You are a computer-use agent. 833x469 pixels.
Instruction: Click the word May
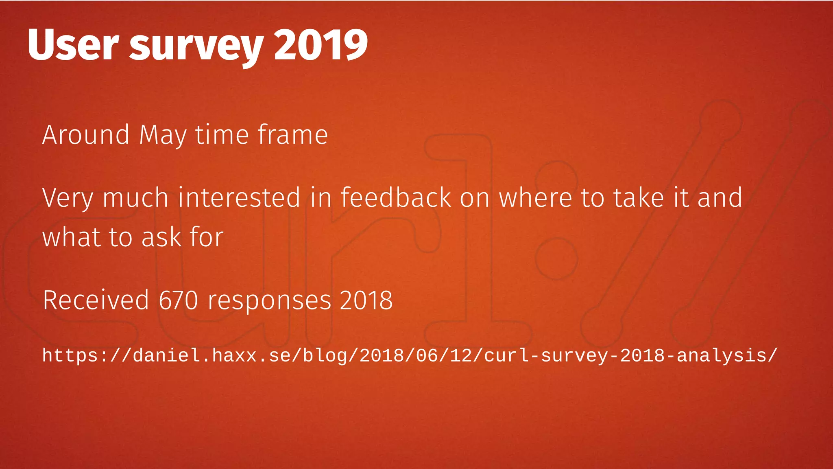point(163,135)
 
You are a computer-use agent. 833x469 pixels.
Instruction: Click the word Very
point(68,198)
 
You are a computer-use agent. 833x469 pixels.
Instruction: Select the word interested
point(239,197)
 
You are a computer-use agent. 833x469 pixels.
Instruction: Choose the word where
point(535,197)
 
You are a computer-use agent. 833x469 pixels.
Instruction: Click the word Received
point(96,300)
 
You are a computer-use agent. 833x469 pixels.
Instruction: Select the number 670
point(178,300)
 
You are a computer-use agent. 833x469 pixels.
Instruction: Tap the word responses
point(269,301)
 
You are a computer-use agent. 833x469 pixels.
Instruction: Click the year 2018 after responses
point(366,300)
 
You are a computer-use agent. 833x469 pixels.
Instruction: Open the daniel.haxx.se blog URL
point(410,355)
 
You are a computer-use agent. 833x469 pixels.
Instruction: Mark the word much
point(135,197)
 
